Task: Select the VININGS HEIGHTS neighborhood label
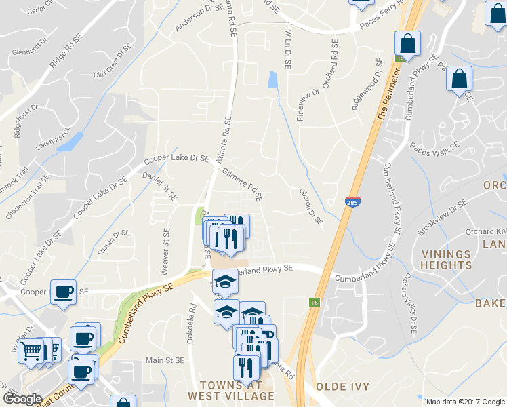[446, 259]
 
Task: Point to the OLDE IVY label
[342, 387]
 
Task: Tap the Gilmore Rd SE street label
[242, 185]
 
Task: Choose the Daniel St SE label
[159, 186]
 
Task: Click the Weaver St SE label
[165, 251]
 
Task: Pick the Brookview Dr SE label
[442, 218]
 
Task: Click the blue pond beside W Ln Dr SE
[272, 80]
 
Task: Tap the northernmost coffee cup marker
[64, 292]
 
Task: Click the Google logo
[22, 400]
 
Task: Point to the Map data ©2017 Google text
[465, 402]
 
